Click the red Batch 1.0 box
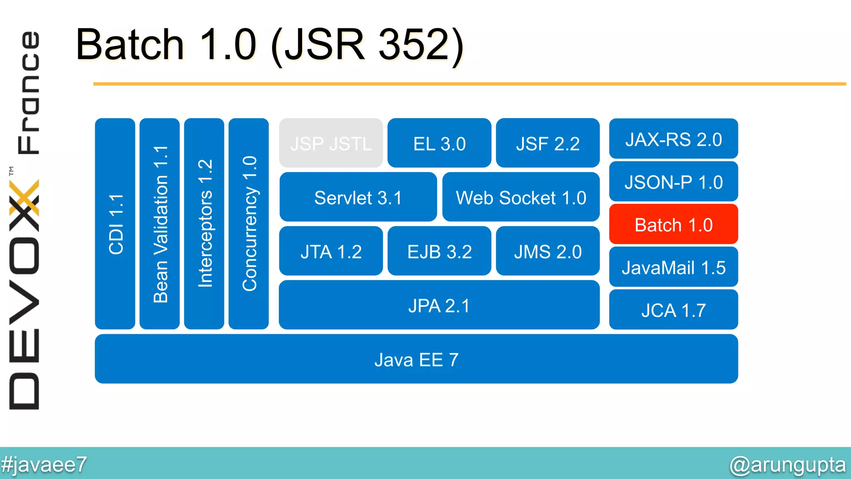pos(673,225)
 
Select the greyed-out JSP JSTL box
pos(331,143)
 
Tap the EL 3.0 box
pos(439,143)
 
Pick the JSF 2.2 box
pos(548,143)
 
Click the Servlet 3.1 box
pos(358,198)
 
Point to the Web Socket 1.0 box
pos(521,198)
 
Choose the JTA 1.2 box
pos(331,252)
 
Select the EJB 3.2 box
pos(439,252)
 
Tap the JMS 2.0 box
pos(548,252)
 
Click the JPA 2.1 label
pos(439,306)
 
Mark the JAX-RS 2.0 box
pos(673,139)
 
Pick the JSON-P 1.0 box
pos(673,182)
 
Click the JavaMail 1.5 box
pos(673,267)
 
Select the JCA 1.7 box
pos(673,310)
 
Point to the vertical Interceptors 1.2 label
pos(204,224)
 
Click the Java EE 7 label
pos(416,360)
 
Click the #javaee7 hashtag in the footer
pos(44,464)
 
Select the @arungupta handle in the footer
pos(787,464)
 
